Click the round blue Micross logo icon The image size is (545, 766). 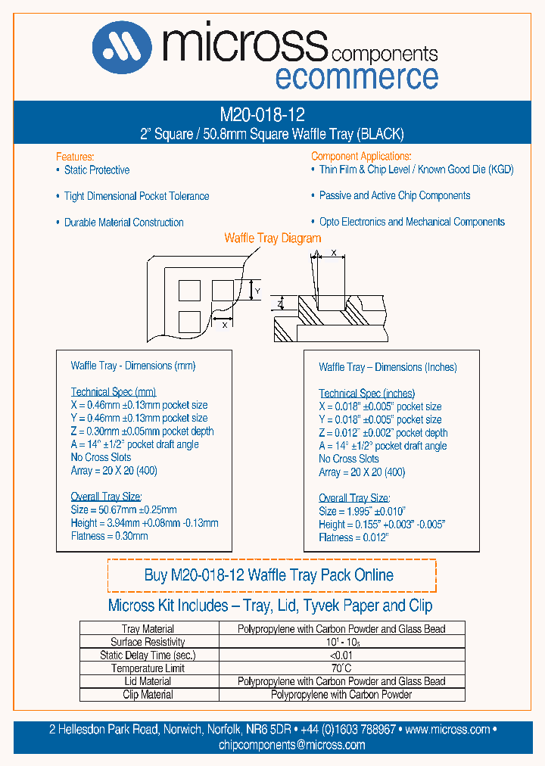122,48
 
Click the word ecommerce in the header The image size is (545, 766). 356,77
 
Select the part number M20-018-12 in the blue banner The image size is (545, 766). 262,115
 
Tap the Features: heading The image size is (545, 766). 75,155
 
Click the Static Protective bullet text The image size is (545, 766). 96,170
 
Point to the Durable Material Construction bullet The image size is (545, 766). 123,223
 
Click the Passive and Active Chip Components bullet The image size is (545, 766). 394,195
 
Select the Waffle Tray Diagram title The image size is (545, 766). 273,238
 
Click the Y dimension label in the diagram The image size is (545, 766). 257,291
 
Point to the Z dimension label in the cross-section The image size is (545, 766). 279,304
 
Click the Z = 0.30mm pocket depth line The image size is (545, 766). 142,431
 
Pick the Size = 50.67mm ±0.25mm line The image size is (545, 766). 123,510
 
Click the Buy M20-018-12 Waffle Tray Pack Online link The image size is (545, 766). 269,575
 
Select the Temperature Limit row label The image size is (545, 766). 148,668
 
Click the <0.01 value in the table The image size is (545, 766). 341,655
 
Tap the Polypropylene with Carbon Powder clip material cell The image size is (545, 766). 341,695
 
